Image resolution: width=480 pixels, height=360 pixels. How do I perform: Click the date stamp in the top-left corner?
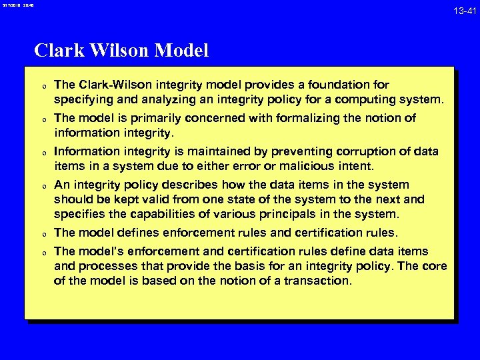tap(16, 5)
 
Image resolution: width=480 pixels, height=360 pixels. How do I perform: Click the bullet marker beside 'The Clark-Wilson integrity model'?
tap(43, 86)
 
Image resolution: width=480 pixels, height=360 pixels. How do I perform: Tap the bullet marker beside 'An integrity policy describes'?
tap(43, 186)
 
